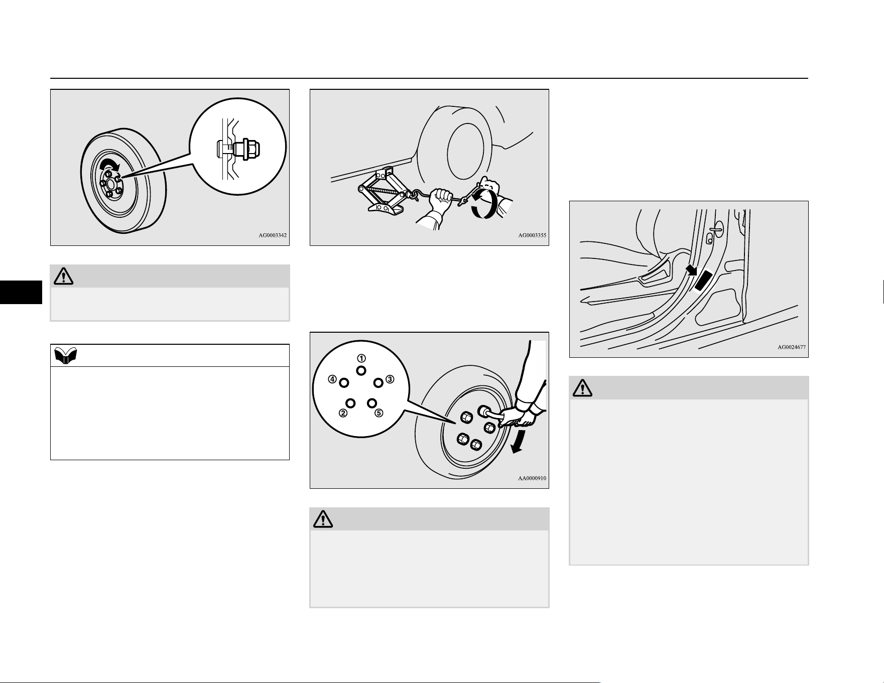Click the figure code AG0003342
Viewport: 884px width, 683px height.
273,235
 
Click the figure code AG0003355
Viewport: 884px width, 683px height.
532,235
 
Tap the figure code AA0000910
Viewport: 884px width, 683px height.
532,478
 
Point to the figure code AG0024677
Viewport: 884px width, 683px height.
792,347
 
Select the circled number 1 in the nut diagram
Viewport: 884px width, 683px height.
361,358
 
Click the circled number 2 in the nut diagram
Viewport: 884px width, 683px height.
343,413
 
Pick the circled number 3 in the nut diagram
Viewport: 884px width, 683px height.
390,379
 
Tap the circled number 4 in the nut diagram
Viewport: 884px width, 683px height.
332,379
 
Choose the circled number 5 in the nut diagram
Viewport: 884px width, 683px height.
379,413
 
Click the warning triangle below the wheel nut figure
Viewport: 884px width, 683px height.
64,276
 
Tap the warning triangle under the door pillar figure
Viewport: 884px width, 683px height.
582,387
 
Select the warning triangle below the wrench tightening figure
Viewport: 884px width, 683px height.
323,519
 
